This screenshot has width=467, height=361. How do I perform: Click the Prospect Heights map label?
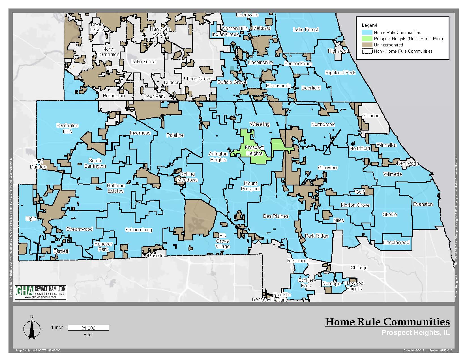[254, 150]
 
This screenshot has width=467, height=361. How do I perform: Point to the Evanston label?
[423, 204]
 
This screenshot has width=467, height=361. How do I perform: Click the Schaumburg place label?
[139, 230]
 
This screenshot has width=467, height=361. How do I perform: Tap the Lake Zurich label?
[144, 61]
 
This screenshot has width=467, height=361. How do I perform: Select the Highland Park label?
[340, 72]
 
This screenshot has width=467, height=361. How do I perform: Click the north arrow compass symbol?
[32, 328]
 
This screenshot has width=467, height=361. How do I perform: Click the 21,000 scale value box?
[88, 328]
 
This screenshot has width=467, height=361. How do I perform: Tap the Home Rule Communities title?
[387, 322]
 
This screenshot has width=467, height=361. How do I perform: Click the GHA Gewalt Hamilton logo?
[40, 292]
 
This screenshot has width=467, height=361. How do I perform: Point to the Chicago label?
[359, 268]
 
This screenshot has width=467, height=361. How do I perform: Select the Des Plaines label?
[276, 216]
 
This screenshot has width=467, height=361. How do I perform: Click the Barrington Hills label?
[67, 128]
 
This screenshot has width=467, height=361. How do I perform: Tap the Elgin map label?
[31, 218]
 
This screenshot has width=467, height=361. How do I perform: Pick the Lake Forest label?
[306, 29]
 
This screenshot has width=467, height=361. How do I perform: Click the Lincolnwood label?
[396, 242]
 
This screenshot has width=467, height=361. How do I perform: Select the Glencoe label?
[371, 116]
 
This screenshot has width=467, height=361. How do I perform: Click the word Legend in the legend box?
[369, 25]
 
